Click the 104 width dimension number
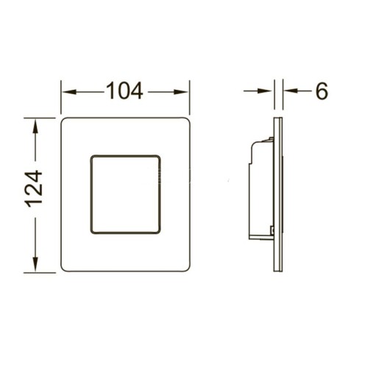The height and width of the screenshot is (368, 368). [125, 91]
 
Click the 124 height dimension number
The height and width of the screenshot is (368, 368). [34, 188]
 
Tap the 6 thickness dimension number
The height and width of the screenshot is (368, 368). [322, 91]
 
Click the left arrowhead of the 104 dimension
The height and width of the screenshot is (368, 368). [68, 92]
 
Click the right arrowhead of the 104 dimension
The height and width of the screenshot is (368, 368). [181, 92]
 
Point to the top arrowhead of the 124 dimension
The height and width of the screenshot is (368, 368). [35, 126]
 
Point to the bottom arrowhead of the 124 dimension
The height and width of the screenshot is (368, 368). [35, 264]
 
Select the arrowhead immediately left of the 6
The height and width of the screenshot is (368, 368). [291, 91]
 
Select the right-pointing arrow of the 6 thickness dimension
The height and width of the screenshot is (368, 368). [258, 91]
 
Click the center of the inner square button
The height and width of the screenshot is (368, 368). [125, 194]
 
